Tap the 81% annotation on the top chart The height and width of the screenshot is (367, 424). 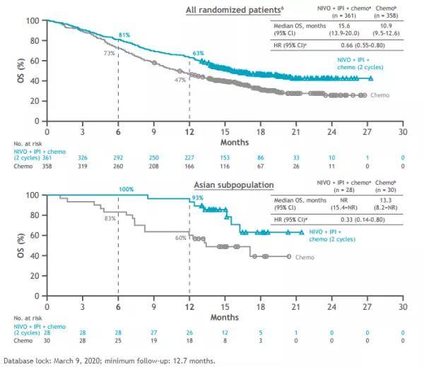(x=124, y=35)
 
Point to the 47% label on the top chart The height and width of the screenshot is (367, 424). (x=180, y=80)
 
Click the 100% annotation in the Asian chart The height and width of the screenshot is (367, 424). (x=126, y=190)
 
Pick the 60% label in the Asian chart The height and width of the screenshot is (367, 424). (x=181, y=238)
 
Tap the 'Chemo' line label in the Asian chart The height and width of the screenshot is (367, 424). (x=304, y=258)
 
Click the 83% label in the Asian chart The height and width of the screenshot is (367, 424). (x=110, y=219)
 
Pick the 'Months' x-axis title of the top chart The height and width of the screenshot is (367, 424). (x=224, y=141)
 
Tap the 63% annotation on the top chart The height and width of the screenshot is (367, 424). (x=198, y=54)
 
